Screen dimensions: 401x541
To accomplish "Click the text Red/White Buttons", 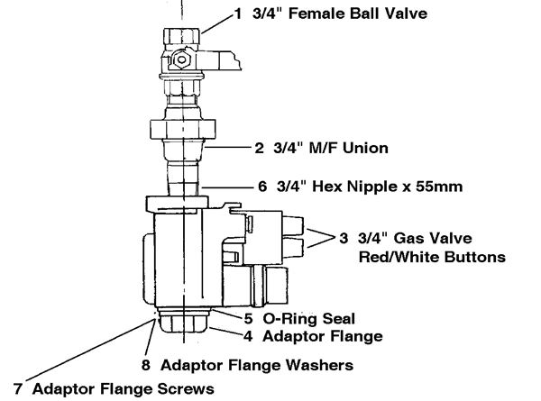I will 434,257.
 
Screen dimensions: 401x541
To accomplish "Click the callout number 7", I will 11,389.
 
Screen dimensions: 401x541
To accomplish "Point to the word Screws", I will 184,389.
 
